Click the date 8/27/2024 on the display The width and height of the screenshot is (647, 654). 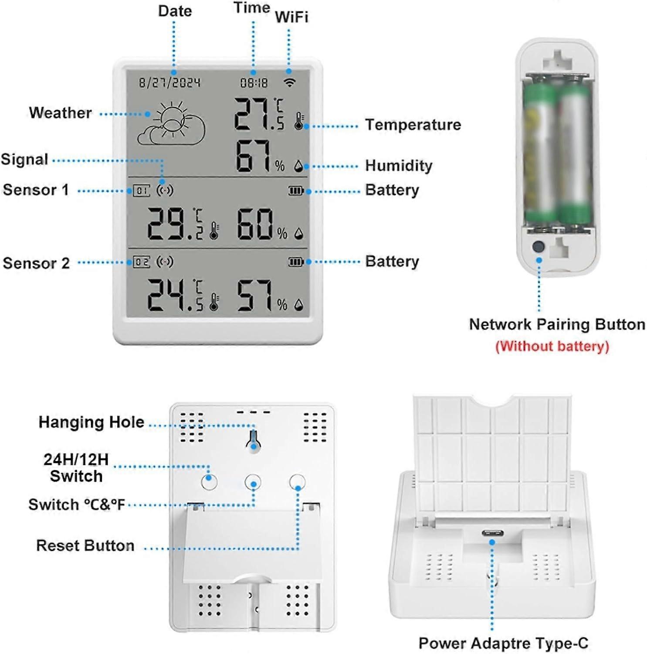[169, 82]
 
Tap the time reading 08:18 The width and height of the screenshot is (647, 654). [254, 82]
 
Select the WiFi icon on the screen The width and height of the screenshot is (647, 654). [289, 82]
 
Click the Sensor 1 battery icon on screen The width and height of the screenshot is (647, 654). [295, 191]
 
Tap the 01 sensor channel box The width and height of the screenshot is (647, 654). [141, 191]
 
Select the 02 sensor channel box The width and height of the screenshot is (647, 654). [141, 262]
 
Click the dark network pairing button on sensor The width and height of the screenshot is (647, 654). [539, 246]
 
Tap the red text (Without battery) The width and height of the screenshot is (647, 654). [552, 346]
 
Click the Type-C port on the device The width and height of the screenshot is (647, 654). [492, 533]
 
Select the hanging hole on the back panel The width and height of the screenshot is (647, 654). [254, 441]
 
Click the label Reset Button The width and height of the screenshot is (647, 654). [85, 545]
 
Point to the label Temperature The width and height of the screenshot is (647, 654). [413, 125]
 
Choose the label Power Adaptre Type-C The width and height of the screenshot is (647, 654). [503, 643]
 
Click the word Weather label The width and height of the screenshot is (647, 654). [61, 113]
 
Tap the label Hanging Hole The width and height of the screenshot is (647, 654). [91, 422]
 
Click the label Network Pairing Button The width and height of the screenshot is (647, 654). [557, 324]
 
